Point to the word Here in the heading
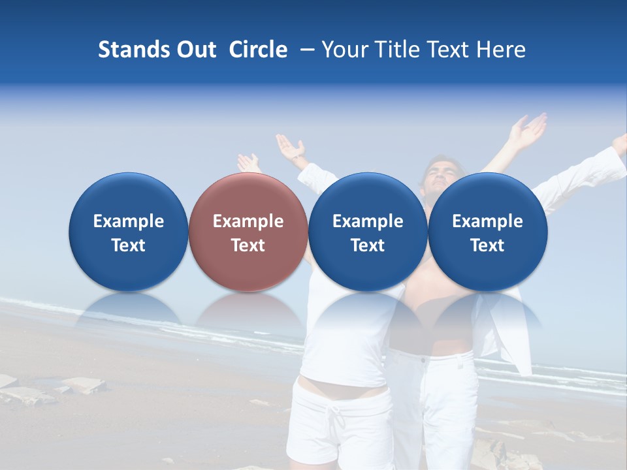pyautogui.click(x=501, y=50)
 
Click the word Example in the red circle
pyautogui.click(x=248, y=221)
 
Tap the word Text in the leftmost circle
pyautogui.click(x=128, y=245)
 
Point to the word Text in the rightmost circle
pyautogui.click(x=487, y=245)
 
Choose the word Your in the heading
pyautogui.click(x=344, y=50)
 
